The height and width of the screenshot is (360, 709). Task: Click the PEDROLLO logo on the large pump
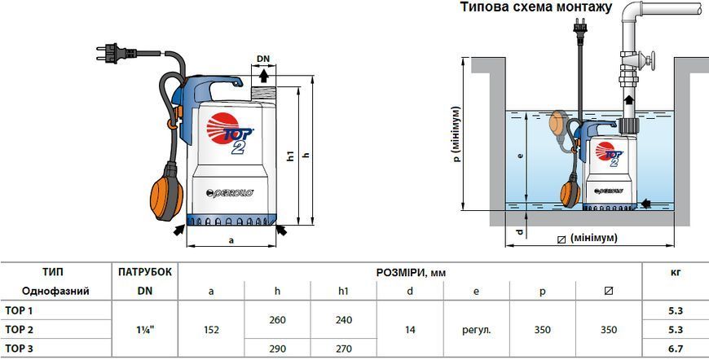[230, 192]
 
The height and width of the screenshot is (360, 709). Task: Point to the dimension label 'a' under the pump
[231, 240]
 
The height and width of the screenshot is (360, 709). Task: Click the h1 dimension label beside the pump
[292, 155]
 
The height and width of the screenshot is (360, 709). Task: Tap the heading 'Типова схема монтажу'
[536, 7]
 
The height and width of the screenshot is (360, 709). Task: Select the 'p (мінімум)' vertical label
[458, 134]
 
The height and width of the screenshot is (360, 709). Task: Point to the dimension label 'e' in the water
[521, 155]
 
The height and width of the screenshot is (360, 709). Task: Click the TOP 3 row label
[19, 349]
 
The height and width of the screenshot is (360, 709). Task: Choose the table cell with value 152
[211, 330]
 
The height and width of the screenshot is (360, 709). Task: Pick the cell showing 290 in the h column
[277, 349]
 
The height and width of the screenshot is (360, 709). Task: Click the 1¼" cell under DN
[145, 330]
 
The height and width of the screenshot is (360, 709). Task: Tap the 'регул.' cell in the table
[476, 330]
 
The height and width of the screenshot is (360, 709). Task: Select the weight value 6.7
[676, 349]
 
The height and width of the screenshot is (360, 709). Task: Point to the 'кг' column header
[676, 272]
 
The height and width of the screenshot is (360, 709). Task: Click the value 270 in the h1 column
[344, 349]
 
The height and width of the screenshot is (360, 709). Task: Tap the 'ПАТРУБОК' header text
[145, 272]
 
